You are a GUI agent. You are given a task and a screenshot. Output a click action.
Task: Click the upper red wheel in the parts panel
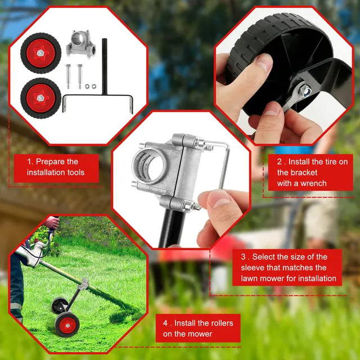point(40,53)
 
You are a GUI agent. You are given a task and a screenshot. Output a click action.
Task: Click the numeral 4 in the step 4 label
point(165,323)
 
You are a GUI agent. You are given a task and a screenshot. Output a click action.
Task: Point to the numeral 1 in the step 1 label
point(29,161)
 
